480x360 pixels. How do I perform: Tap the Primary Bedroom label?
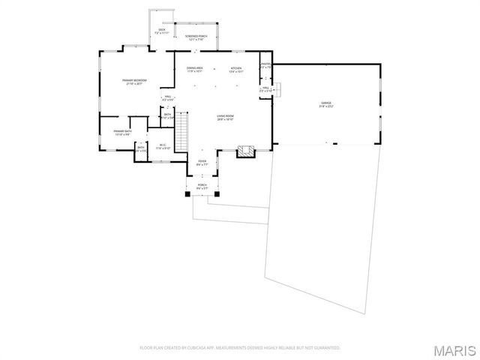[x=135, y=80]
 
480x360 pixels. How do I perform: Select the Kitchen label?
[x=236, y=68]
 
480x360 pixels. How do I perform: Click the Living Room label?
[x=225, y=116]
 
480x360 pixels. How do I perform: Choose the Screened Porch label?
[x=196, y=36]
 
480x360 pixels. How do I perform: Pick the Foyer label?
[x=202, y=161]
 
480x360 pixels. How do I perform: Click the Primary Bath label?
[x=122, y=132]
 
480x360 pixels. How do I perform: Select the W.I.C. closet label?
[x=163, y=145]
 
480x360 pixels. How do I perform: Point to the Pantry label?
[x=265, y=64]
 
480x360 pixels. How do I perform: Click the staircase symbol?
[x=181, y=135]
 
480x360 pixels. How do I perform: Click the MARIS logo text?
[x=458, y=349]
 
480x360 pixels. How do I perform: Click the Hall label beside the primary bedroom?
[x=167, y=97]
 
